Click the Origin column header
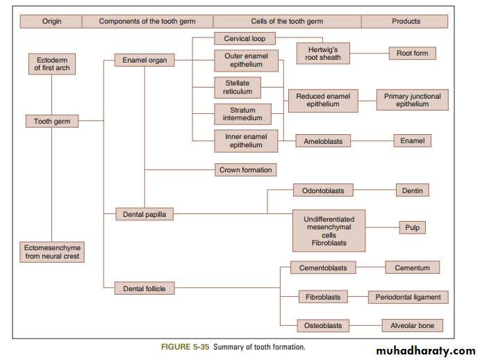[x=51, y=21]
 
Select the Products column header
[x=406, y=21]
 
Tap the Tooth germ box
[x=51, y=122]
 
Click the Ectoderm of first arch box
[x=52, y=64]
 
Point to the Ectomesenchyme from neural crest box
[x=52, y=252]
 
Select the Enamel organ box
[x=144, y=60]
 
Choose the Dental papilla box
[x=144, y=215]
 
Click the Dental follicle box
[x=144, y=288]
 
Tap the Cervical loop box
[x=245, y=39]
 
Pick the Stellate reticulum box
[x=237, y=88]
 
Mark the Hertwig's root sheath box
[x=322, y=54]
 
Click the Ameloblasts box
[x=323, y=141]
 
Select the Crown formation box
[x=246, y=170]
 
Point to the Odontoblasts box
[x=323, y=190]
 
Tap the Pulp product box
[x=412, y=227]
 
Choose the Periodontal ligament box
[x=408, y=297]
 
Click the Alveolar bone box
[x=412, y=325]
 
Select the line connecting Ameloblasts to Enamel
[x=372, y=141]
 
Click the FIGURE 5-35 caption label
[x=185, y=347]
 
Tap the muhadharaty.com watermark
[x=420, y=350]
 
